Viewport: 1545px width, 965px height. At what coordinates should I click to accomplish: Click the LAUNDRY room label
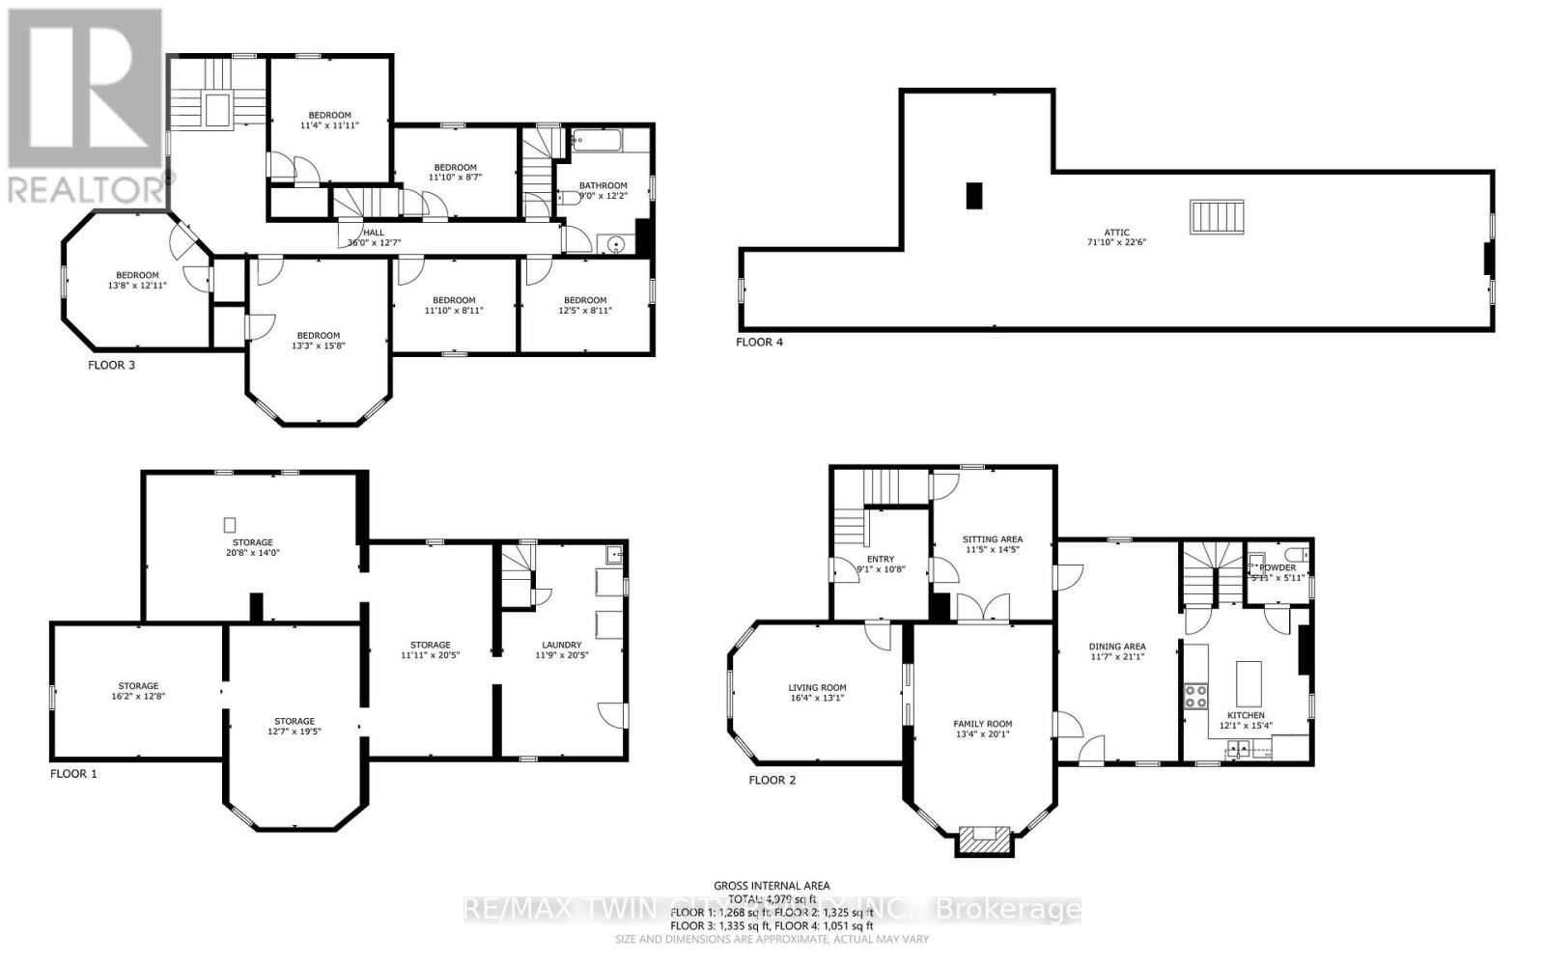point(561,645)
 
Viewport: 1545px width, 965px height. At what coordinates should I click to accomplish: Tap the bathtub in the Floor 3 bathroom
point(597,142)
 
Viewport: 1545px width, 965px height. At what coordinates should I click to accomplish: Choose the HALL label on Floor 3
point(373,233)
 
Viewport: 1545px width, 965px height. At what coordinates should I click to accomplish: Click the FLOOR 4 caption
point(759,342)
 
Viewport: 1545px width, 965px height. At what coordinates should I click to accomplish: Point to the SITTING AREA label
point(992,539)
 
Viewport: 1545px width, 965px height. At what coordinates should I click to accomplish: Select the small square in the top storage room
point(230,525)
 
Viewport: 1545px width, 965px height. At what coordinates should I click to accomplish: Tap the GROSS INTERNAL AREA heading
point(771,885)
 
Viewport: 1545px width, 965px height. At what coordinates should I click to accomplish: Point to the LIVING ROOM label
point(817,688)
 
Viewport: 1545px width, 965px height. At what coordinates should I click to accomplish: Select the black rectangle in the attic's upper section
point(973,196)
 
